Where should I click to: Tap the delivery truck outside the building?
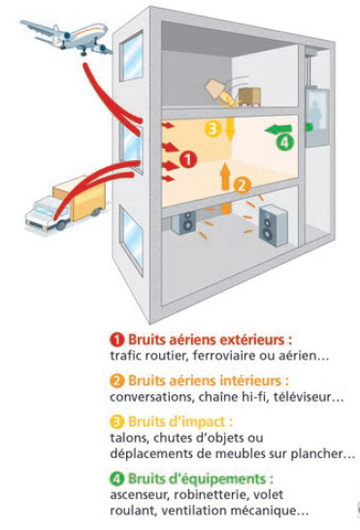click(66, 204)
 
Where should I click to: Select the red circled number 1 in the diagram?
click(188, 159)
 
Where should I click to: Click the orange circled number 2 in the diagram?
click(242, 184)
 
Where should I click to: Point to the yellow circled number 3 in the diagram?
click(213, 129)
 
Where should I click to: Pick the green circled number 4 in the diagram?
click(284, 142)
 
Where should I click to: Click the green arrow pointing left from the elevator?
click(278, 129)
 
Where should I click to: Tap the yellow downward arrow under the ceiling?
click(230, 129)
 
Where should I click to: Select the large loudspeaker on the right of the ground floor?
click(273, 225)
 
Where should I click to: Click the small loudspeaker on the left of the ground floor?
click(184, 221)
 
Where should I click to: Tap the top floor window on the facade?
click(131, 55)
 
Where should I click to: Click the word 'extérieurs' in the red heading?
click(252, 340)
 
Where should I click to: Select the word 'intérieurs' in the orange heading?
click(250, 381)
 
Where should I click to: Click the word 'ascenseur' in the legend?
click(140, 495)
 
